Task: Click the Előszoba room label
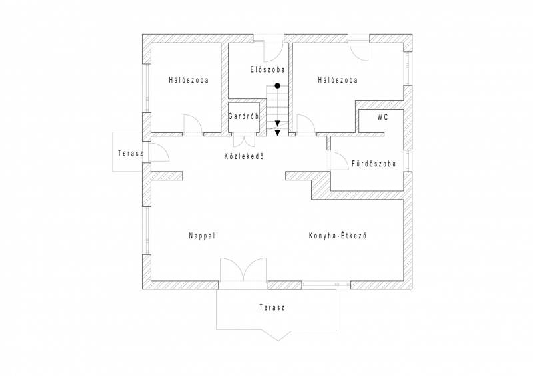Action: coord(268,70)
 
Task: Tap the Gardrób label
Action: coord(243,116)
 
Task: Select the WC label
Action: coord(382,118)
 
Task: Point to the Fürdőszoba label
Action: coord(374,164)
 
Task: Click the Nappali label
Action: coord(203,236)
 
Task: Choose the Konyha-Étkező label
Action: coord(338,236)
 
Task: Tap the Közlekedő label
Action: coord(244,156)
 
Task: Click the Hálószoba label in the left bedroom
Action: coord(189,80)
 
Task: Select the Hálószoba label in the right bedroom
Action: coord(338,80)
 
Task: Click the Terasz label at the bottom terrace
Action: coord(272,307)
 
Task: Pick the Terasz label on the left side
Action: coord(131,153)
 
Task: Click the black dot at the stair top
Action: coord(278,86)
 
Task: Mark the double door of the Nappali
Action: coord(243,270)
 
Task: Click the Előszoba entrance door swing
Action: coord(273,52)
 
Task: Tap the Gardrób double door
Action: coord(244,142)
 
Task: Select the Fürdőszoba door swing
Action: coord(336,160)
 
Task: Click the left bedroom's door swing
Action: coord(193,124)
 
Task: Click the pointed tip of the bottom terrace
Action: coord(278,340)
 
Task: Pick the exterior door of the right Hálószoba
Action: coord(359,51)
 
